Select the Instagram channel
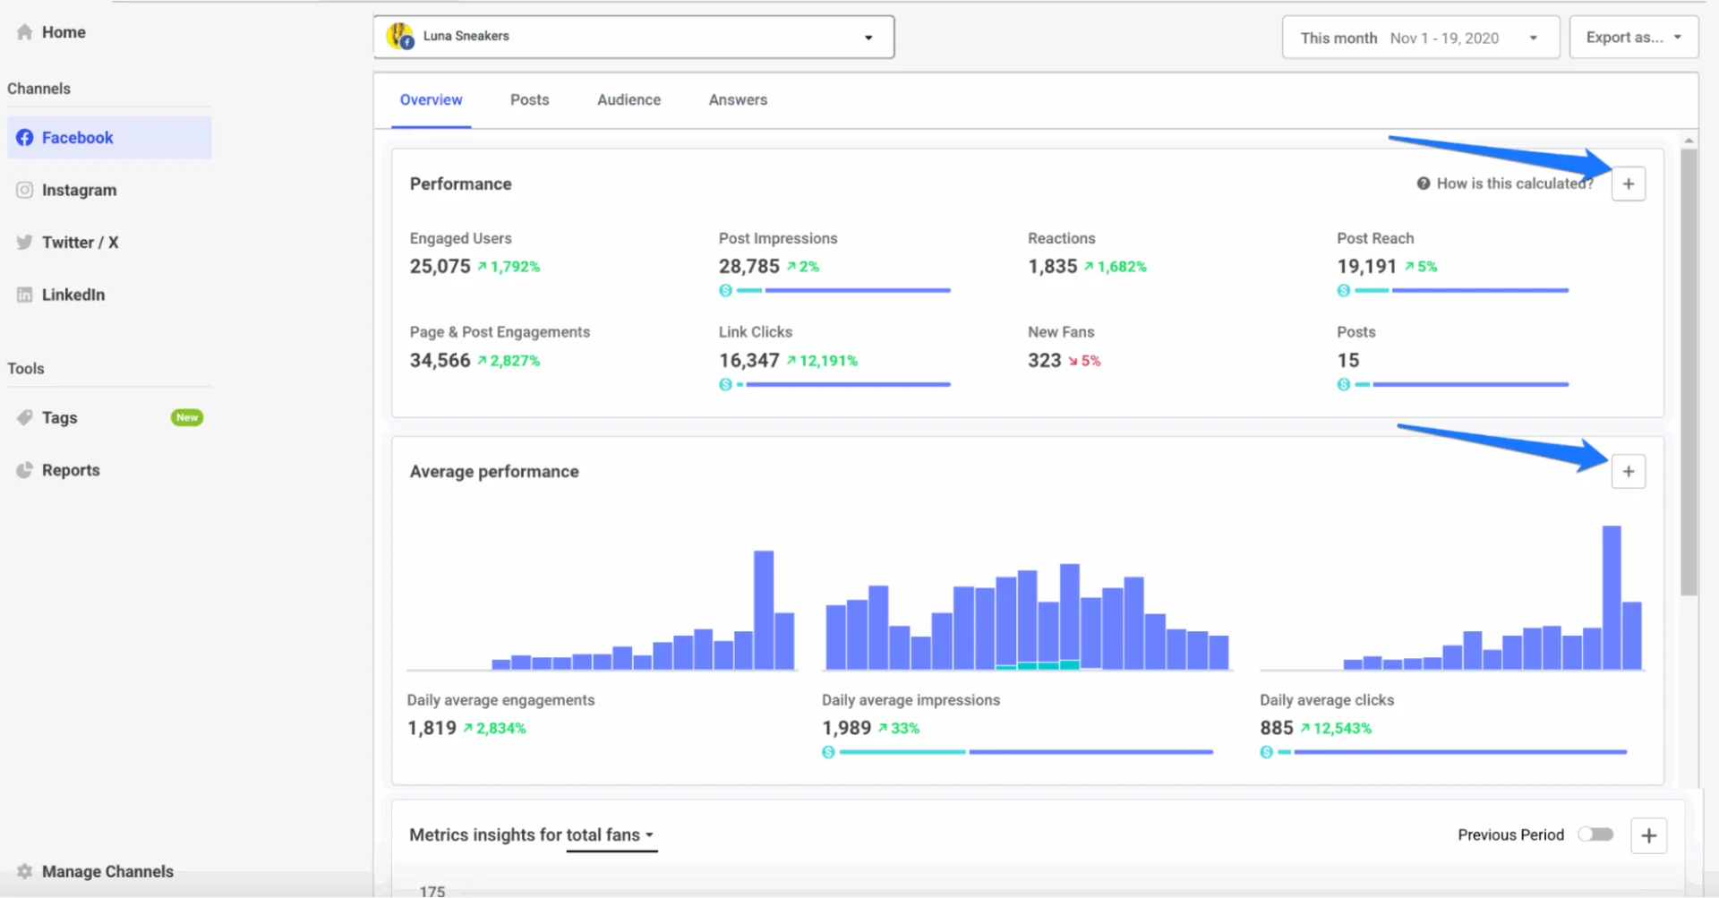(x=79, y=190)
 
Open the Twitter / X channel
(x=79, y=243)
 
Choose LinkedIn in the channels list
(x=73, y=295)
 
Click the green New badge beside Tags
(x=187, y=417)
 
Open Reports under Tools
(x=70, y=470)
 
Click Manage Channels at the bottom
(x=107, y=871)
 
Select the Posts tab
(x=529, y=100)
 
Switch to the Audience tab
(x=629, y=100)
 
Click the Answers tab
(x=738, y=100)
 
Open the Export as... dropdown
(x=1633, y=38)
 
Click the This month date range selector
(x=1419, y=38)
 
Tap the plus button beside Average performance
(x=1628, y=472)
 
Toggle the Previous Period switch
(x=1595, y=834)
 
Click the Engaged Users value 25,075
(x=440, y=267)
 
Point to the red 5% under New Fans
(x=1090, y=361)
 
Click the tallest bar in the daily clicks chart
(x=1611, y=597)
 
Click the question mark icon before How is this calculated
(x=1423, y=184)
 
